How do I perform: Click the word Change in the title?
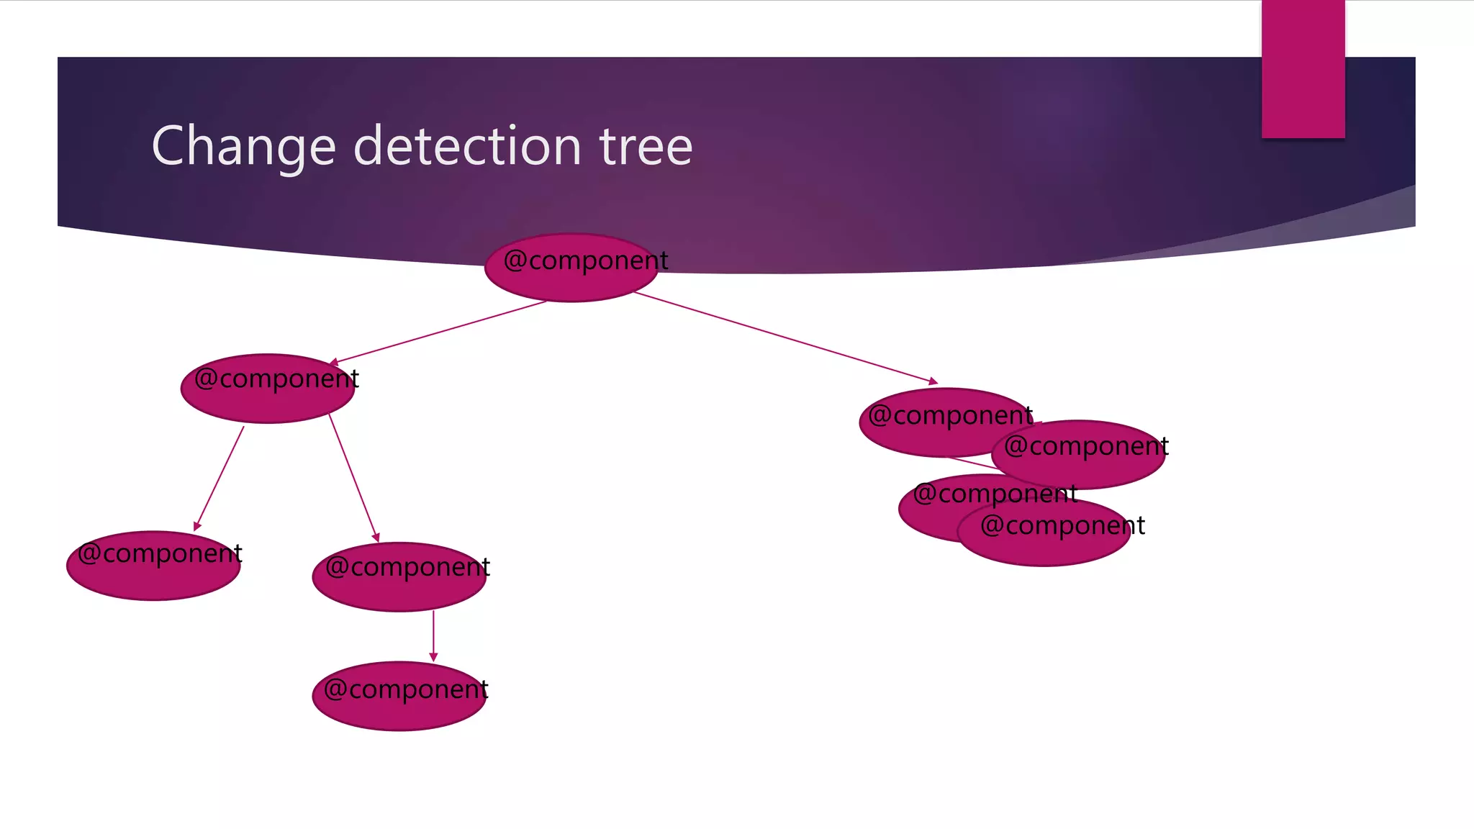(243, 147)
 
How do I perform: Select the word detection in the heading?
(467, 146)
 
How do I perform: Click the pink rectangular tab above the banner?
(1303, 69)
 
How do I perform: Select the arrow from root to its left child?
(439, 332)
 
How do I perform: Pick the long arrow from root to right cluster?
(785, 337)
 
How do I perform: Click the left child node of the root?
(268, 389)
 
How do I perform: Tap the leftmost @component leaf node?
(153, 566)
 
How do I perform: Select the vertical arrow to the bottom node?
(433, 633)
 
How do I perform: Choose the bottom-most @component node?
(399, 697)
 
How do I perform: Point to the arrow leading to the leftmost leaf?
(220, 478)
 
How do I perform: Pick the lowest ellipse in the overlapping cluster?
(1044, 536)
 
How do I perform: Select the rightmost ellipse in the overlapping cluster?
(1080, 455)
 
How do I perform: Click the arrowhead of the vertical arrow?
(433, 656)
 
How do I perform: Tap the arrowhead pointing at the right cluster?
(933, 381)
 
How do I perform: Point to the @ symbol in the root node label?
(515, 260)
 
